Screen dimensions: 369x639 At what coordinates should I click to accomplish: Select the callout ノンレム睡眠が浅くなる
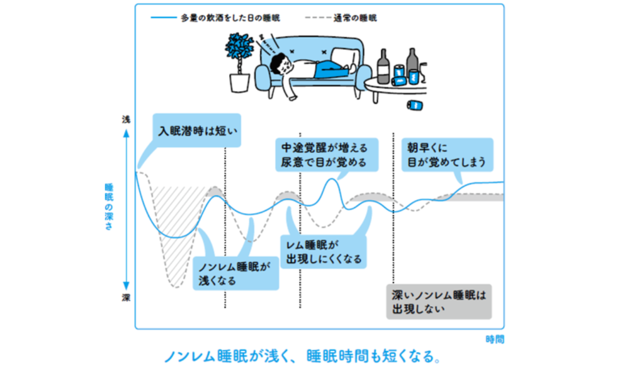234,273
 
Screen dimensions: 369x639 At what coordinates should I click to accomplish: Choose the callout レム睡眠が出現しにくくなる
323,252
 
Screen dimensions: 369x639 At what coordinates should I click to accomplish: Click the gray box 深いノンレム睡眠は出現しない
438,301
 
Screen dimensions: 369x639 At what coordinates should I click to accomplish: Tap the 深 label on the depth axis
126,297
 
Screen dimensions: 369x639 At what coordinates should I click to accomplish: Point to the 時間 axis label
495,339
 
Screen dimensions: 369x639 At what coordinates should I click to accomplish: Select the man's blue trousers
328,69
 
